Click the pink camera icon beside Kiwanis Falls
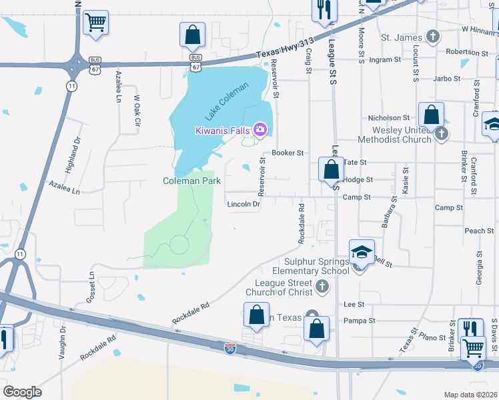click(260, 129)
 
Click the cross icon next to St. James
click(434, 37)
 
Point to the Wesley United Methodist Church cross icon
click(441, 134)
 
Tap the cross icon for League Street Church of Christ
click(322, 287)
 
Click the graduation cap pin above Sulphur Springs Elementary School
click(362, 252)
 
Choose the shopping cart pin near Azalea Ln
click(96, 23)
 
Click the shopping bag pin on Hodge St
click(331, 170)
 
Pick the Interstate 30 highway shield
click(229, 347)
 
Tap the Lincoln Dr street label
click(243, 204)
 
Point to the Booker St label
click(288, 153)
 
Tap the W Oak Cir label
click(138, 111)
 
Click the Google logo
click(21, 392)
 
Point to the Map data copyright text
click(471, 395)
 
